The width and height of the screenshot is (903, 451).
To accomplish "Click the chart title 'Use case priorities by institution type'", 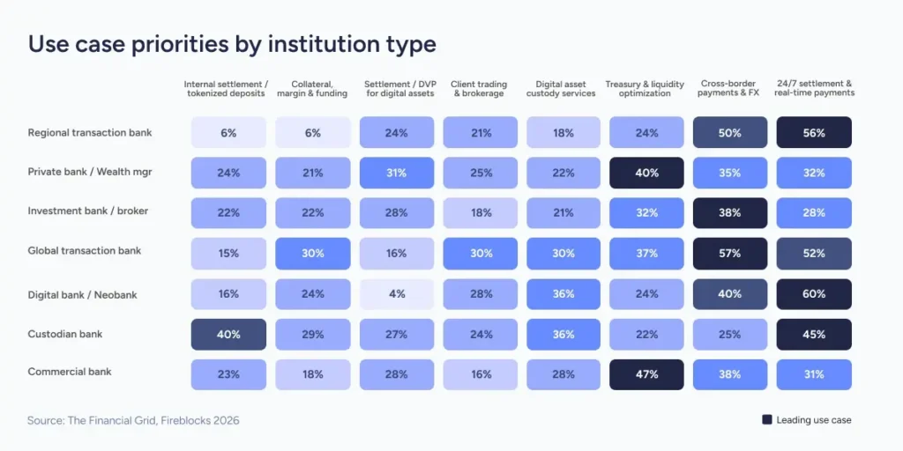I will pyautogui.click(x=232, y=44).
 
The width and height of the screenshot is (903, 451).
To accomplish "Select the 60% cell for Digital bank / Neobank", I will pyautogui.click(x=813, y=294).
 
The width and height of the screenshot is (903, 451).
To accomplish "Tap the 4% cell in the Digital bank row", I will pyautogui.click(x=396, y=294).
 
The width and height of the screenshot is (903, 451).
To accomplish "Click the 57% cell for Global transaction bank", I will pyautogui.click(x=729, y=254).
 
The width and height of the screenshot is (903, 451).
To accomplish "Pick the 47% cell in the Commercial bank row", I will pyautogui.click(x=646, y=374).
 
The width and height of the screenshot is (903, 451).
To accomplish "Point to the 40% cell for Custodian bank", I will pyautogui.click(x=228, y=335).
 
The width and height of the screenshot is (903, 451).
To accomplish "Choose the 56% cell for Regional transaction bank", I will pyautogui.click(x=813, y=133).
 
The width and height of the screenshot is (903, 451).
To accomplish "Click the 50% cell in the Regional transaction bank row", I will pyautogui.click(x=729, y=133).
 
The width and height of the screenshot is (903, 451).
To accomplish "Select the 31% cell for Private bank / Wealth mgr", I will pyautogui.click(x=396, y=174).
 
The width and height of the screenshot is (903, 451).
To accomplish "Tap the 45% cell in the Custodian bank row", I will pyautogui.click(x=813, y=335).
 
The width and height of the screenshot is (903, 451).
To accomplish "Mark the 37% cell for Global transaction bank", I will pyautogui.click(x=646, y=254).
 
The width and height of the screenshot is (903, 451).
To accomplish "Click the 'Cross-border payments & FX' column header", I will pyautogui.click(x=729, y=89).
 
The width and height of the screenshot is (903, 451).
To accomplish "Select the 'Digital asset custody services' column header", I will pyautogui.click(x=561, y=89).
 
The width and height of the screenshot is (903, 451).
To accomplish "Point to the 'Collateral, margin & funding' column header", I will pyautogui.click(x=312, y=89).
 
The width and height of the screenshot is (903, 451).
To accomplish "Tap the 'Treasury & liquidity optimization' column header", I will pyautogui.click(x=645, y=89).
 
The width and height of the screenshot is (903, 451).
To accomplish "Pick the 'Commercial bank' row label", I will pyautogui.click(x=70, y=372).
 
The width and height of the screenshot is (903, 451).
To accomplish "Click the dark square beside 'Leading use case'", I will pyautogui.click(x=766, y=420).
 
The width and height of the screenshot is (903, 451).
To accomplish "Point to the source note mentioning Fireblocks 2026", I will pyautogui.click(x=133, y=421).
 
